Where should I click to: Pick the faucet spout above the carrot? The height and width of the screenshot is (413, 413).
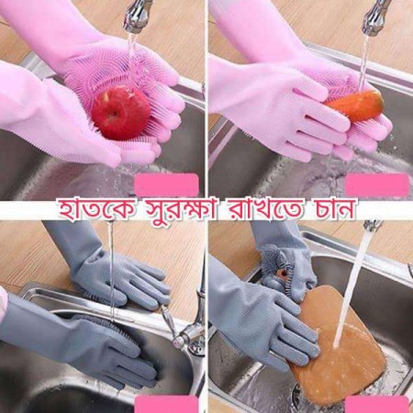click(x=374, y=17)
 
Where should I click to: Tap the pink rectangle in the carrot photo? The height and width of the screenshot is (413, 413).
click(x=375, y=184)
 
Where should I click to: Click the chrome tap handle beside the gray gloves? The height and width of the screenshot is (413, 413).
click(x=188, y=335)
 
